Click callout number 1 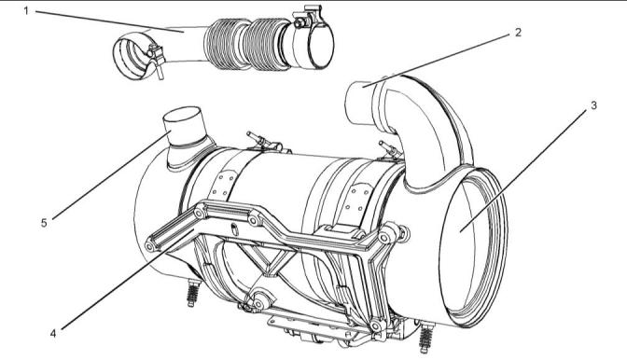click(26, 11)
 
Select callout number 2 click(518, 33)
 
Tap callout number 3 click(593, 105)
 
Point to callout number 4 click(53, 333)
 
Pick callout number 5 click(44, 223)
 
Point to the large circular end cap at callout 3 click(473, 248)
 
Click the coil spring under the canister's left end click(193, 293)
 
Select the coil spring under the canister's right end click(426, 338)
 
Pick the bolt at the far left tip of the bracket click(150, 245)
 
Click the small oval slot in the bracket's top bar click(235, 229)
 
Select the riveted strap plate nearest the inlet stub click(222, 185)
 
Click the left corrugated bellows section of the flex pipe click(223, 44)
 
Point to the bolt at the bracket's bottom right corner click(375, 326)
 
